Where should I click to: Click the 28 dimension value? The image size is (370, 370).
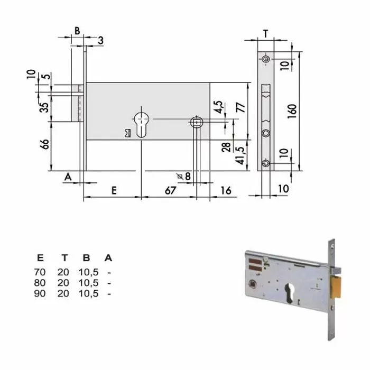[226, 147]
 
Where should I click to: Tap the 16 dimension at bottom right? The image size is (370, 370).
[227, 191]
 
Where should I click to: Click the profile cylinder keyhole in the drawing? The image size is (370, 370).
[142, 124]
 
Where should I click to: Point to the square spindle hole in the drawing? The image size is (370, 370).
[197, 122]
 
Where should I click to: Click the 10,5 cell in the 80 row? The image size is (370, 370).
[88, 283]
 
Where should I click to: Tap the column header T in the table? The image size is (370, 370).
[64, 258]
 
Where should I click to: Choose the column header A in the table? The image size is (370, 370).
[108, 258]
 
